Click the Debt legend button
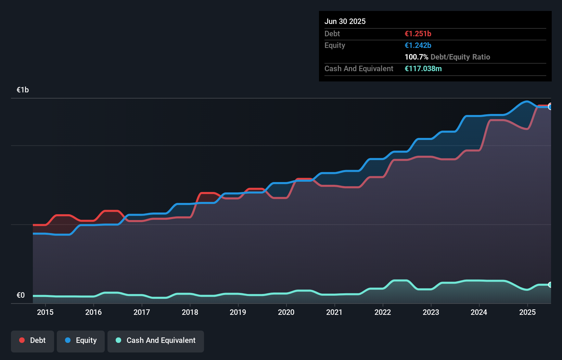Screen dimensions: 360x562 tap(33, 340)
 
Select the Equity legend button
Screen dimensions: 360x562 tap(81, 340)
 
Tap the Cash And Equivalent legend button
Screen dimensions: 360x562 tap(156, 340)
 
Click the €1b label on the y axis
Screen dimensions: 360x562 tap(23, 90)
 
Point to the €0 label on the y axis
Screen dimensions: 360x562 tap(21, 295)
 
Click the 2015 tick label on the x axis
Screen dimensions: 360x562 tap(45, 312)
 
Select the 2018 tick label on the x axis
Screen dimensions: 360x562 tap(190, 312)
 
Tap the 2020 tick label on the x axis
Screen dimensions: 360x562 tap(286, 312)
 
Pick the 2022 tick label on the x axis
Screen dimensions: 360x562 tap(383, 312)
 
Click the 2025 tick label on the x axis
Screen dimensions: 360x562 tap(527, 312)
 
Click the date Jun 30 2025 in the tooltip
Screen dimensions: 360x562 tap(345, 22)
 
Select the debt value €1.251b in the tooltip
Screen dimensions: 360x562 tap(418, 34)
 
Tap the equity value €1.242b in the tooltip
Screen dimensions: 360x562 tap(418, 46)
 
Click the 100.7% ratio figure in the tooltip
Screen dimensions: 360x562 tap(417, 57)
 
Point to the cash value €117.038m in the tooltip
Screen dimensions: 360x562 tap(423, 69)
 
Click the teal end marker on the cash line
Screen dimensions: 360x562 tap(550, 285)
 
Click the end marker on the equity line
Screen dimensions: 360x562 tap(550, 107)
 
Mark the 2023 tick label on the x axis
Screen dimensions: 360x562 tap(431, 312)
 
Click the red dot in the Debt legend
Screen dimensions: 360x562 tap(22, 340)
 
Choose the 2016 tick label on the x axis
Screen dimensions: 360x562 tap(93, 312)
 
